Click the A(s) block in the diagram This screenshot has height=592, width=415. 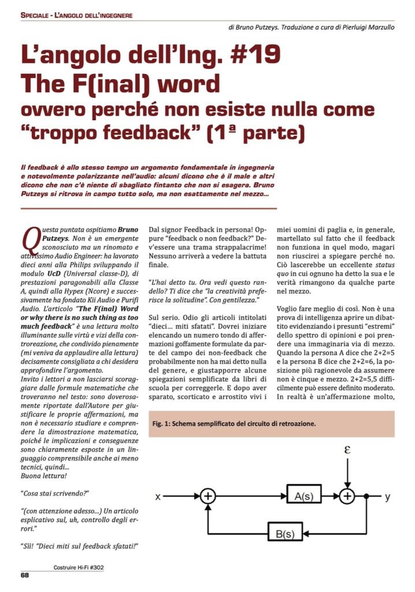[304, 495]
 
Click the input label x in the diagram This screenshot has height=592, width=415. [158, 497]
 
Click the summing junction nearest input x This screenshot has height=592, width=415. [208, 496]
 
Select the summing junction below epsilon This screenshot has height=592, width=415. [347, 496]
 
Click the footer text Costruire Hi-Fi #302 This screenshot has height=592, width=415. [80, 568]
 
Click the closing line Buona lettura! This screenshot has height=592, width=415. [45, 475]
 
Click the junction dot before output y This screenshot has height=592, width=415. [366, 496]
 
